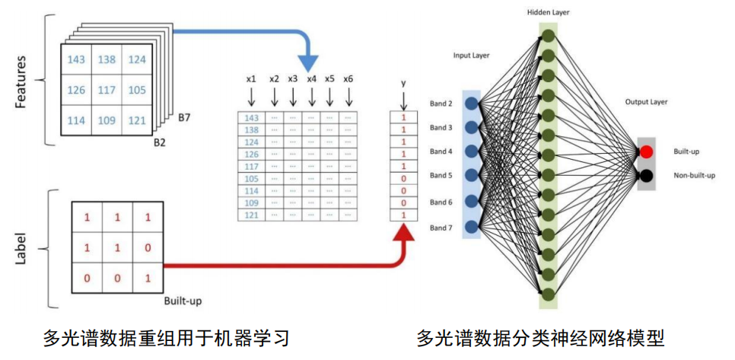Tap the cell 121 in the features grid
136,120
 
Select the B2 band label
162,141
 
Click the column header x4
311,78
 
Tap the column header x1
251,78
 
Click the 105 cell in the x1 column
251,178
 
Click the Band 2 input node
472,104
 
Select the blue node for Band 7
472,227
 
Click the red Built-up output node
646,152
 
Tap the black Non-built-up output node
646,176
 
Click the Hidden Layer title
547,13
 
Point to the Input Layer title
472,56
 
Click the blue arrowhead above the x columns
310,62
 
